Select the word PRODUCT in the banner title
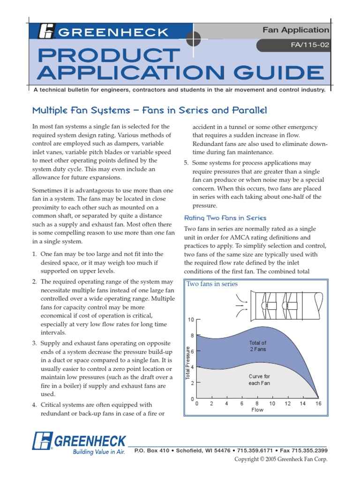click(106, 56)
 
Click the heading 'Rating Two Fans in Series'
click(225, 218)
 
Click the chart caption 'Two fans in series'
click(212, 284)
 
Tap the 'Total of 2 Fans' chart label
click(258, 346)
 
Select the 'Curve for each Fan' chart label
click(259, 380)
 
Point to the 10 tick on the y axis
click(191, 320)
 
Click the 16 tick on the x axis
click(318, 404)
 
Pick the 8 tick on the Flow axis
click(257, 404)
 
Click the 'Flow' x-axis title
click(258, 410)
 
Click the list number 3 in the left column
click(34, 343)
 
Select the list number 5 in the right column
click(186, 163)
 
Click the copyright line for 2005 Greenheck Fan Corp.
click(281, 459)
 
